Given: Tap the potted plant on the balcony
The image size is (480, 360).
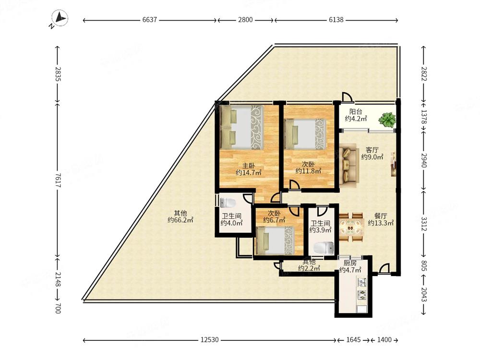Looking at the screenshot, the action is click(387, 120).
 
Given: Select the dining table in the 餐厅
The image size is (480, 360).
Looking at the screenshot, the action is click(352, 227).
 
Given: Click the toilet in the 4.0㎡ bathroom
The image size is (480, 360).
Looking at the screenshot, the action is click(228, 203).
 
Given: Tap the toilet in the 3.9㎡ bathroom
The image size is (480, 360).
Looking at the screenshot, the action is click(324, 248).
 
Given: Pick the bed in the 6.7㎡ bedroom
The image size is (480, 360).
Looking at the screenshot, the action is click(276, 240).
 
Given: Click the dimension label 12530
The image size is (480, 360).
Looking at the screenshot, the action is click(210, 340).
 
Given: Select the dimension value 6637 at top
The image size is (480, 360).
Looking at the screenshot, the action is click(149, 20).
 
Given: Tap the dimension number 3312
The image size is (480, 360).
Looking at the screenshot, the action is click(424, 224).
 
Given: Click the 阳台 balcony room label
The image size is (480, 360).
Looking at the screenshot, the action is click(356, 112).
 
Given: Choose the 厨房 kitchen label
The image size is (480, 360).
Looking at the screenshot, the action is click(349, 263).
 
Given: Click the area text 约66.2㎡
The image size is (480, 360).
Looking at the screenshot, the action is click(180, 220).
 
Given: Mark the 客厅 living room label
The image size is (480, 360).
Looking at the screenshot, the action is click(372, 150).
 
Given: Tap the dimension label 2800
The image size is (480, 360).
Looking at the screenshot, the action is click(245, 20).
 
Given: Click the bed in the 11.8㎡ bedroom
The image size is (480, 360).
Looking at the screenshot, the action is click(305, 134).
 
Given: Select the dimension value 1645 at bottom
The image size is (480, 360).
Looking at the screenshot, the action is click(354, 340).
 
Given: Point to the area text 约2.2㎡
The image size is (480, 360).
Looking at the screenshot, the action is click(309, 268).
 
